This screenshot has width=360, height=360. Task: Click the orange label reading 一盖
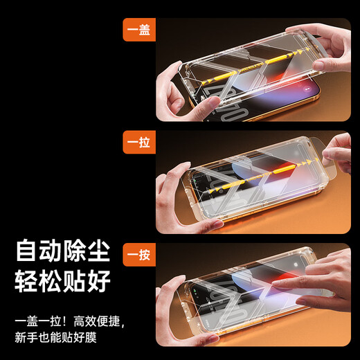139,30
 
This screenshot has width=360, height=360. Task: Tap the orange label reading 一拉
139,143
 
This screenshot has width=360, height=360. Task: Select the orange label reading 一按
139,255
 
